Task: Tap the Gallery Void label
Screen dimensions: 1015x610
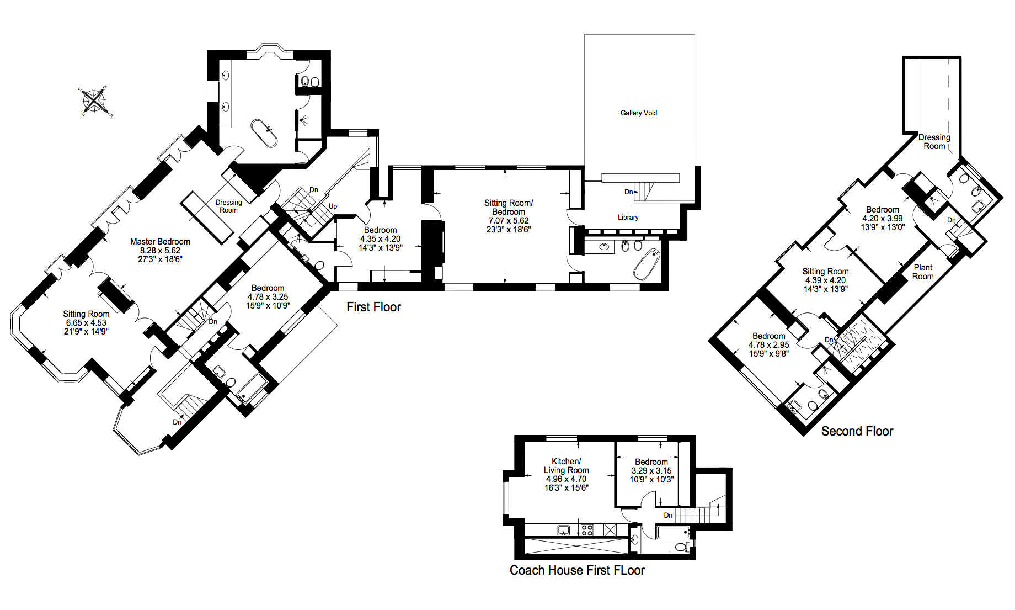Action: (x=639, y=113)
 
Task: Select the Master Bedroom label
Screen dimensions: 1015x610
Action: (x=160, y=242)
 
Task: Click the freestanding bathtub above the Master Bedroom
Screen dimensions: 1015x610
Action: (x=264, y=133)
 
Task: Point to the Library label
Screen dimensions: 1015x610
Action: (x=628, y=218)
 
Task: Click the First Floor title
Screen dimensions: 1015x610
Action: (x=373, y=307)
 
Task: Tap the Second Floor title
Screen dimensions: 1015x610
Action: (x=857, y=431)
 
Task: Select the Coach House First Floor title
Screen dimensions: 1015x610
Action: (x=577, y=570)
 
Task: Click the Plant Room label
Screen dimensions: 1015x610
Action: (x=923, y=272)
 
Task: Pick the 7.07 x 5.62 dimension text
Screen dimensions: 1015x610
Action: (x=509, y=221)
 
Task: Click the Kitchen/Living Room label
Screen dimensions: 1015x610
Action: (x=567, y=466)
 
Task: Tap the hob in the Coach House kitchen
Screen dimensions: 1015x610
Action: (x=586, y=531)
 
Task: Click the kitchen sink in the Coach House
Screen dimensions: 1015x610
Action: (x=563, y=531)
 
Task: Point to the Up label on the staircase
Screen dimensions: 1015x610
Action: (x=333, y=206)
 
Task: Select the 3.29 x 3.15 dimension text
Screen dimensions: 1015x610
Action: (x=651, y=471)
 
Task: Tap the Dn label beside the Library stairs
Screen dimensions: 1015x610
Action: (x=629, y=192)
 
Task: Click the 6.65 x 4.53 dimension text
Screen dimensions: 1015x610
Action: (x=86, y=323)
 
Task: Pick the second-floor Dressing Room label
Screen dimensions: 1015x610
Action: (x=934, y=142)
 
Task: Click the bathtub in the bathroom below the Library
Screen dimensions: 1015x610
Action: (x=647, y=264)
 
